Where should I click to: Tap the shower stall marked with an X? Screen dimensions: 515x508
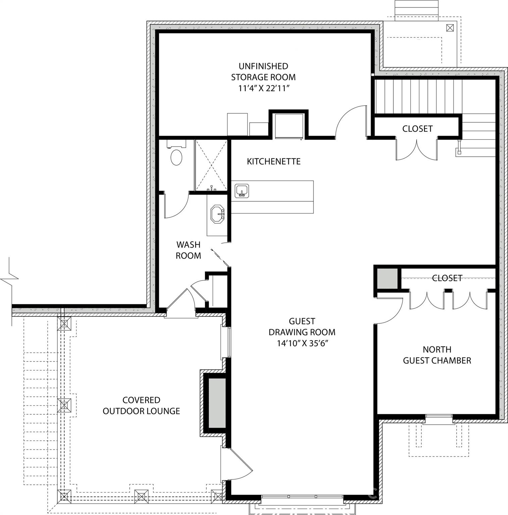tap(211, 165)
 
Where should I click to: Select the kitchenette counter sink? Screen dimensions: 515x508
tap(242, 191)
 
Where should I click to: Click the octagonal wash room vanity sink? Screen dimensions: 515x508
tap(217, 213)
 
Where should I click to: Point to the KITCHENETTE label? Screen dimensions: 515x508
tap(273, 162)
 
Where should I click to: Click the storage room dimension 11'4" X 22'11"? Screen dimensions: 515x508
tap(263, 89)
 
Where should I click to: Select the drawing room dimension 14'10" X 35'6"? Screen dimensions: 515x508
tap(302, 343)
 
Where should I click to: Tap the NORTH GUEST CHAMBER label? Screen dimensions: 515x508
tap(437, 355)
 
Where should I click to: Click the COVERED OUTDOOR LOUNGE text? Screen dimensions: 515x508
tap(141, 405)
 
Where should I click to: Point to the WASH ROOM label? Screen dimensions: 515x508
tap(188, 250)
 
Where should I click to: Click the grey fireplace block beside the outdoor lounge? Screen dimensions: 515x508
tap(217, 403)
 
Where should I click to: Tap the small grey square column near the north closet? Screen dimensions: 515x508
tap(387, 278)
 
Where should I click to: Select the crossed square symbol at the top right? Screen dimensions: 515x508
tap(450, 28)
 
